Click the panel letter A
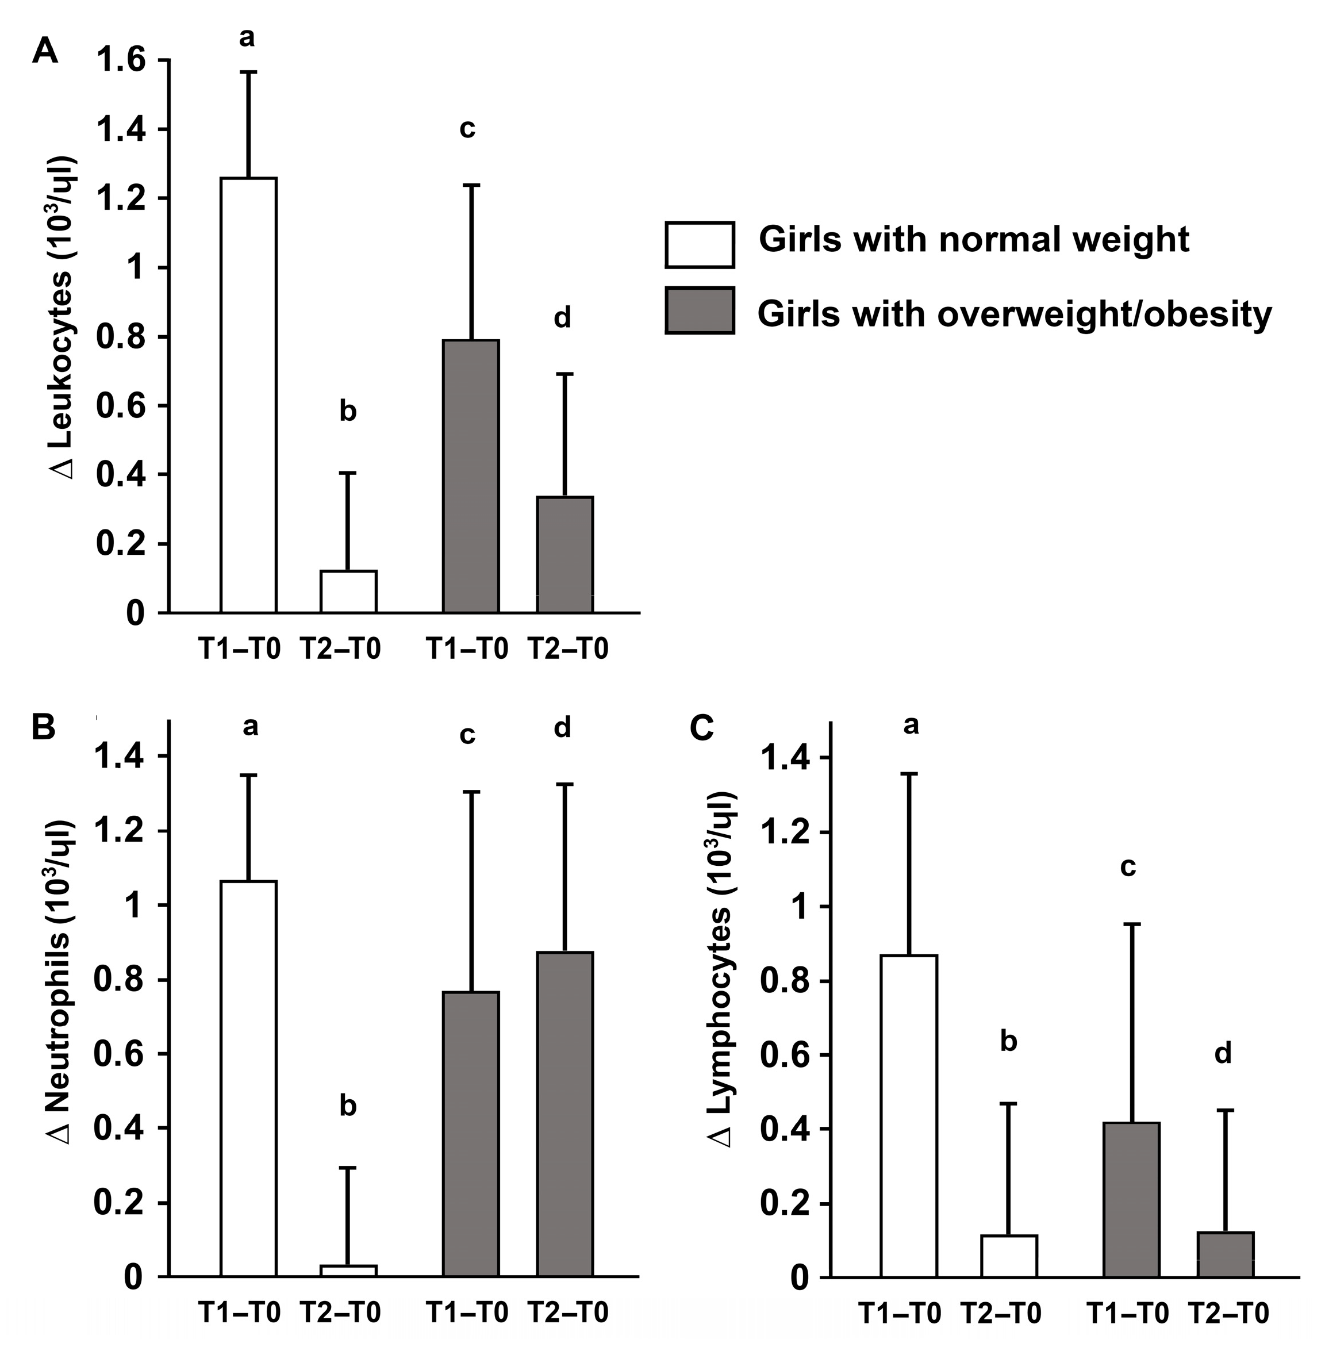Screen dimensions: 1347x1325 (44, 52)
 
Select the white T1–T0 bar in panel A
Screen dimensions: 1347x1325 (248, 395)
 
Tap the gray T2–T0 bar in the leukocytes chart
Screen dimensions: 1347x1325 (564, 554)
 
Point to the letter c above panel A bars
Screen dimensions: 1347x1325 (467, 129)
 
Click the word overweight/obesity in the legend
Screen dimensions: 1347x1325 (1104, 314)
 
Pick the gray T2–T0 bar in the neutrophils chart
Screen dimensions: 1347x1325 (564, 1114)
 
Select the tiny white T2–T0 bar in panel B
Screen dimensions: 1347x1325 (348, 1270)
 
